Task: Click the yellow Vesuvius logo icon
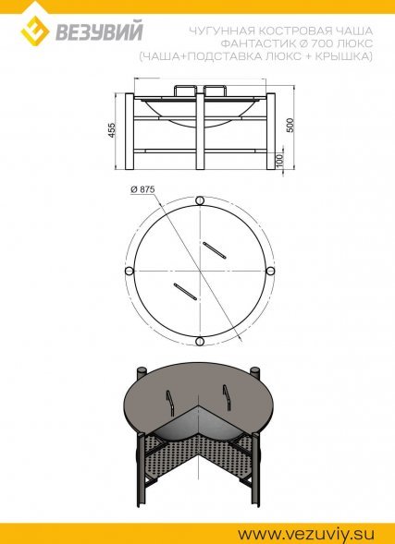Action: [x=35, y=30]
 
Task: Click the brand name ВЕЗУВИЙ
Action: [x=99, y=32]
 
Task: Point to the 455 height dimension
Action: [x=112, y=129]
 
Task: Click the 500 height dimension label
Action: [x=290, y=125]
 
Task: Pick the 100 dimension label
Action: [x=280, y=160]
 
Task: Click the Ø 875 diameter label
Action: [x=142, y=189]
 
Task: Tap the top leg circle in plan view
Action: [x=200, y=200]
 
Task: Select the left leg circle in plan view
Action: [x=129, y=271]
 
